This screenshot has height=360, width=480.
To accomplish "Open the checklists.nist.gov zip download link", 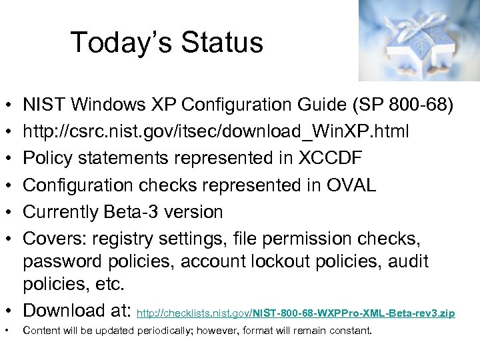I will click(x=295, y=313).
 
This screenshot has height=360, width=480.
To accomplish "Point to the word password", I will click(x=63, y=261).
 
